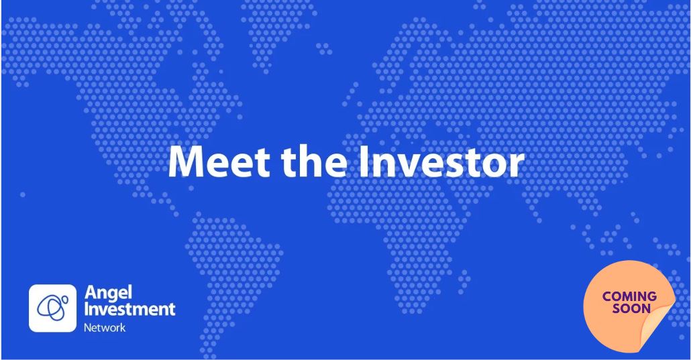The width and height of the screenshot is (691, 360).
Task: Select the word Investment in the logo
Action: tap(129, 310)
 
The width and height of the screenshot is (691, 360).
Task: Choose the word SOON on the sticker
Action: tap(631, 308)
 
